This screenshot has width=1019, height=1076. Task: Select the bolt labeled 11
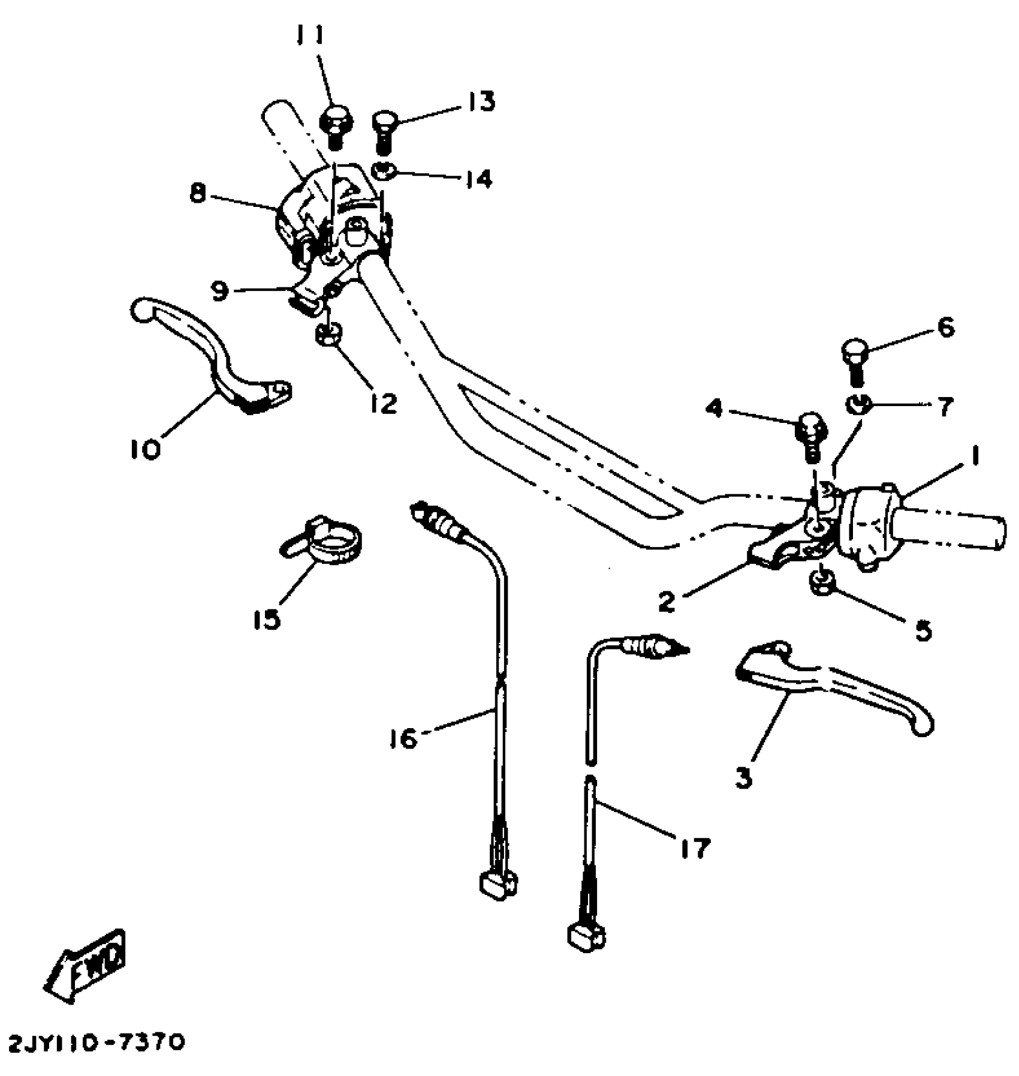(x=336, y=124)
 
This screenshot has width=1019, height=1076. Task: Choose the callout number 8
(x=198, y=193)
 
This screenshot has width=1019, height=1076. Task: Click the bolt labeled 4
(x=811, y=436)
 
